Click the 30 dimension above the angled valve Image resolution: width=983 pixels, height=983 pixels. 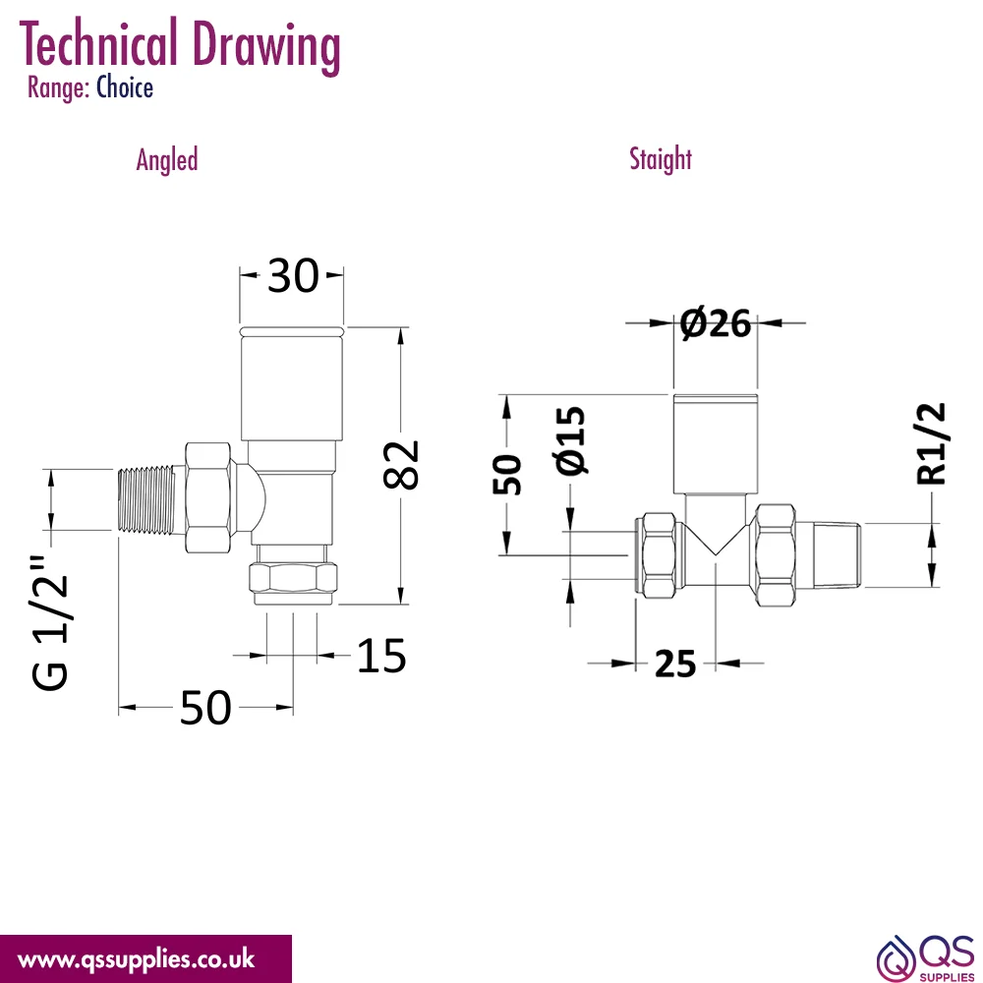[293, 276]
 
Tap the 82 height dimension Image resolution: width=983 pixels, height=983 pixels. [401, 465]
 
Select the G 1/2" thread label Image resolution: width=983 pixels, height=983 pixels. [49, 622]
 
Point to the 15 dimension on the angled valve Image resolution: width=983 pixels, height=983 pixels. [381, 657]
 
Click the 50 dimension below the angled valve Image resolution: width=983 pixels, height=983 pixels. [205, 709]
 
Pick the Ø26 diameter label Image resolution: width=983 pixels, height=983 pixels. [716, 323]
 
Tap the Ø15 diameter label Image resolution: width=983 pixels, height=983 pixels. [570, 440]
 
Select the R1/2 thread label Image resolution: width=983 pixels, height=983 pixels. [930, 444]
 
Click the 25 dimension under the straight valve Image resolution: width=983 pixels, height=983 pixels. [675, 664]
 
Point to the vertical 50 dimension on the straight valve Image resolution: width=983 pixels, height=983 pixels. [506, 475]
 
